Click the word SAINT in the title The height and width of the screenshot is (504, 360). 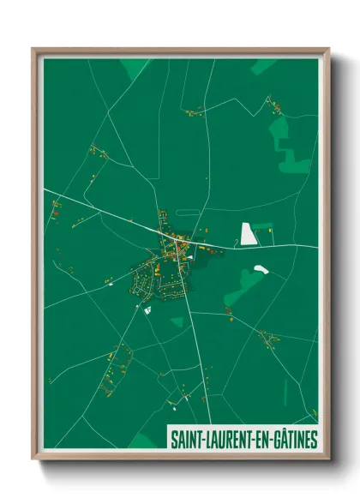pos(187,440)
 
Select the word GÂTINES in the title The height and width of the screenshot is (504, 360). pos(292,440)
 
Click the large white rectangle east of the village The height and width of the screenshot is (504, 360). pos(248,233)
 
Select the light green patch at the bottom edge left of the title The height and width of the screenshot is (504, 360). pos(143,441)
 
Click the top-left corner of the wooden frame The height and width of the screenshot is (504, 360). pos(33,49)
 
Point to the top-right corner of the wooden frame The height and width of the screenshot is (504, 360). pos(328,49)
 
